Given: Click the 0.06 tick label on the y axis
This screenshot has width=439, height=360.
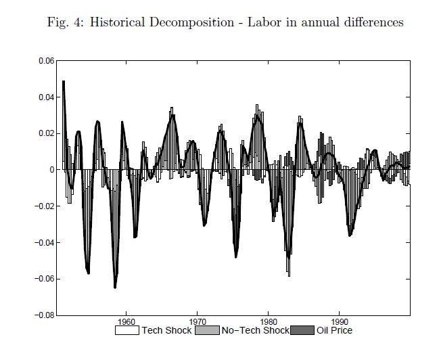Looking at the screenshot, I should (47, 61).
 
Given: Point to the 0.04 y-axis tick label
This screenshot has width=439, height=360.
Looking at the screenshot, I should (47, 97).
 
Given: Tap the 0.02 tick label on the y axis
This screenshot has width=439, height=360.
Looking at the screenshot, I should (47, 133).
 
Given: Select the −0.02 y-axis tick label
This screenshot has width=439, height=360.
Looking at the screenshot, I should (45, 206).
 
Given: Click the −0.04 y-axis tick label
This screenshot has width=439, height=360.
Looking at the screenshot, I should (45, 242).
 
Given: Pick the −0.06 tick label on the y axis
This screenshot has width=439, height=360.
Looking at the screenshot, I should (45, 279).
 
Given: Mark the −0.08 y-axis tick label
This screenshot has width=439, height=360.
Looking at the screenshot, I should (45, 315).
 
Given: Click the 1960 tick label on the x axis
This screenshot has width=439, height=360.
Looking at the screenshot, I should (126, 322).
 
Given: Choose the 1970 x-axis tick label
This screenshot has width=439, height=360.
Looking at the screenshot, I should (198, 322).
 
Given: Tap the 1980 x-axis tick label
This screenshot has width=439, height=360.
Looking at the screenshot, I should (269, 322).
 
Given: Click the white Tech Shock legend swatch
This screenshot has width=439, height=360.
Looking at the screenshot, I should (126, 331).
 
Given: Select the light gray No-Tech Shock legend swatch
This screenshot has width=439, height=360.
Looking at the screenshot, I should (207, 331).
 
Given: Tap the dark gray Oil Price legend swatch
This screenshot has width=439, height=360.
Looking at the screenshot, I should (302, 331).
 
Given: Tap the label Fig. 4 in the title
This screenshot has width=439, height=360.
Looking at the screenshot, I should (64, 22).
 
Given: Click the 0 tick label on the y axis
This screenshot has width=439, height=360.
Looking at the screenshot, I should (52, 170).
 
